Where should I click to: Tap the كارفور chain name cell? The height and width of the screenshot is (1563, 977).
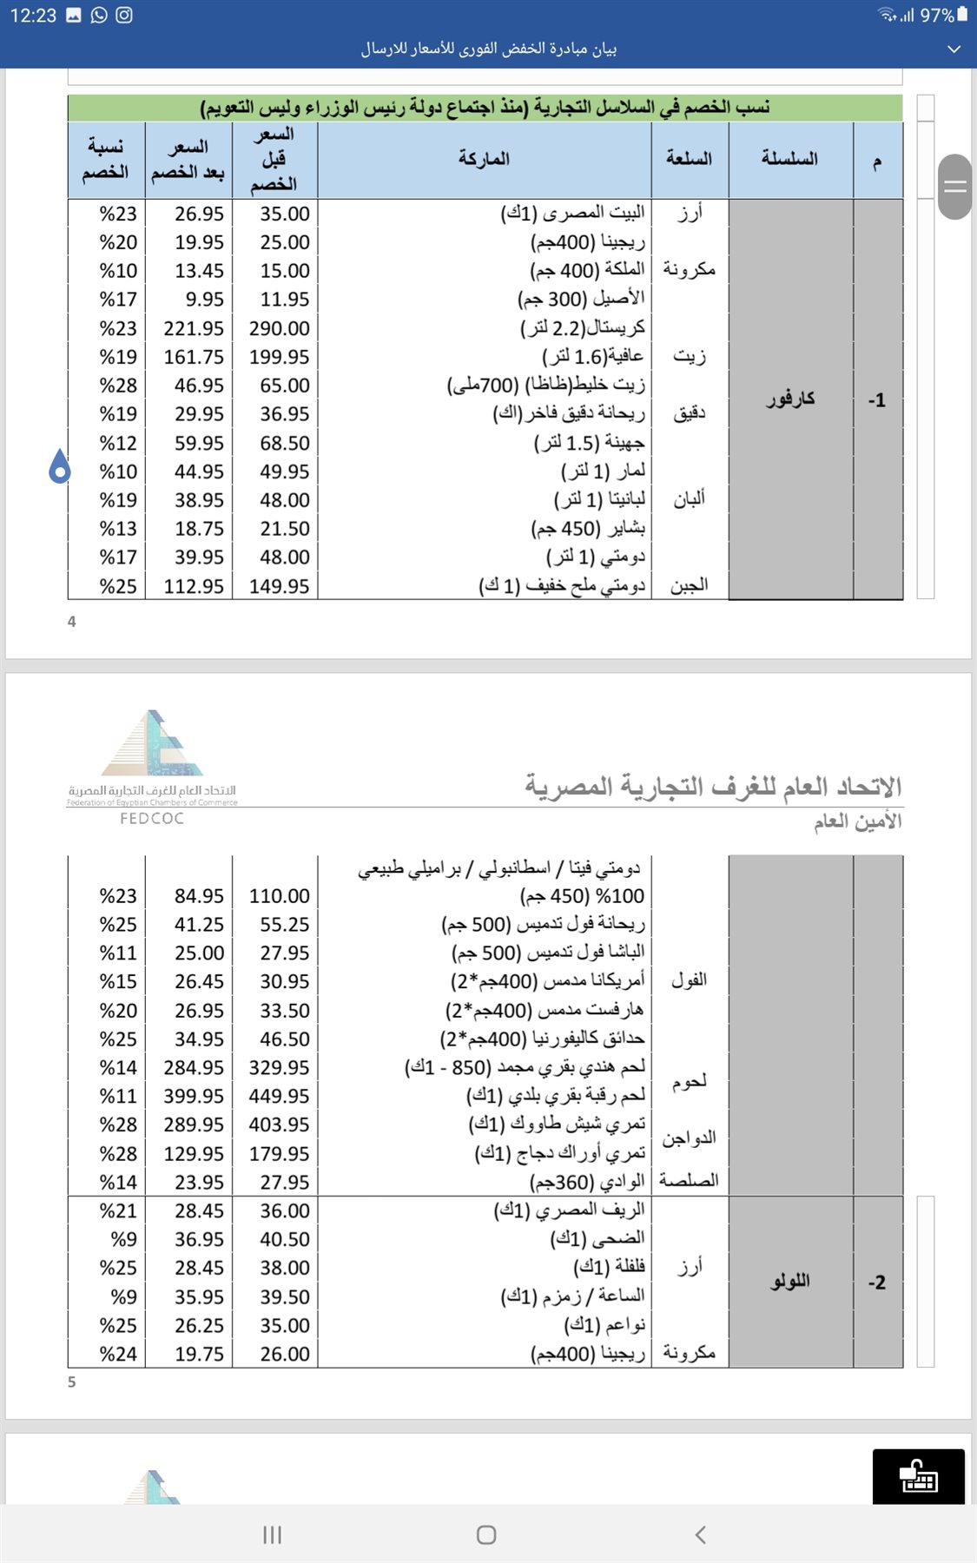(790, 399)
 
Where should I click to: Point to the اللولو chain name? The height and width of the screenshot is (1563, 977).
(790, 1282)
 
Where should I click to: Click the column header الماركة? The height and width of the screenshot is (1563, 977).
(484, 159)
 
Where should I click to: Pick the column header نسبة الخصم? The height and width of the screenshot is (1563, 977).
(105, 159)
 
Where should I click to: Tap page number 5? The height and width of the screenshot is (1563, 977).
(72, 1382)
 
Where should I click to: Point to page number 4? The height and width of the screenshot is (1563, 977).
(72, 622)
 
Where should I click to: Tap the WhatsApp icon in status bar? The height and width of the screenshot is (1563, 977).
(99, 15)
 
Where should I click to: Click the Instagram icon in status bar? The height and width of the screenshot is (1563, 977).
(124, 15)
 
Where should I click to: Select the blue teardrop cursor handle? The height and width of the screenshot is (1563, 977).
(59, 467)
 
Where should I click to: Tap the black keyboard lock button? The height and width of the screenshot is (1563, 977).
(918, 1475)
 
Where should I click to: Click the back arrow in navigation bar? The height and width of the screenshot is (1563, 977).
(701, 1534)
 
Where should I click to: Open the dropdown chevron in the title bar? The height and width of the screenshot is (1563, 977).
(954, 49)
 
